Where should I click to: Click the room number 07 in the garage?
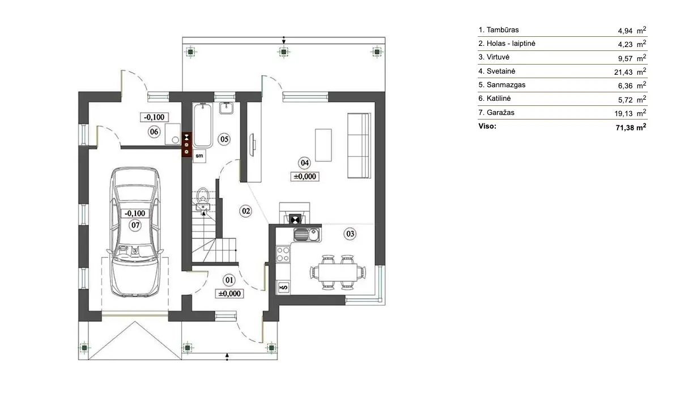pyautogui.click(x=135, y=225)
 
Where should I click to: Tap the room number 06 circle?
pyautogui.click(x=153, y=132)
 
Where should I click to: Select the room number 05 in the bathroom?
pyautogui.click(x=224, y=138)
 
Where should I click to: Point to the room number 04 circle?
pyautogui.click(x=305, y=163)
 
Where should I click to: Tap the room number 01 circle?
pyautogui.click(x=229, y=279)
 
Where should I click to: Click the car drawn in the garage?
pyautogui.click(x=135, y=232)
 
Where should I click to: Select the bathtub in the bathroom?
pyautogui.click(x=202, y=122)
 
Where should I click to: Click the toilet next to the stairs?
pyautogui.click(x=203, y=199)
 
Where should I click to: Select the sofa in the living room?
pyautogui.click(x=359, y=145)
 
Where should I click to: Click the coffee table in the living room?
pyautogui.click(x=323, y=145)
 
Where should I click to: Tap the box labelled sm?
pyautogui.click(x=199, y=155)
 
